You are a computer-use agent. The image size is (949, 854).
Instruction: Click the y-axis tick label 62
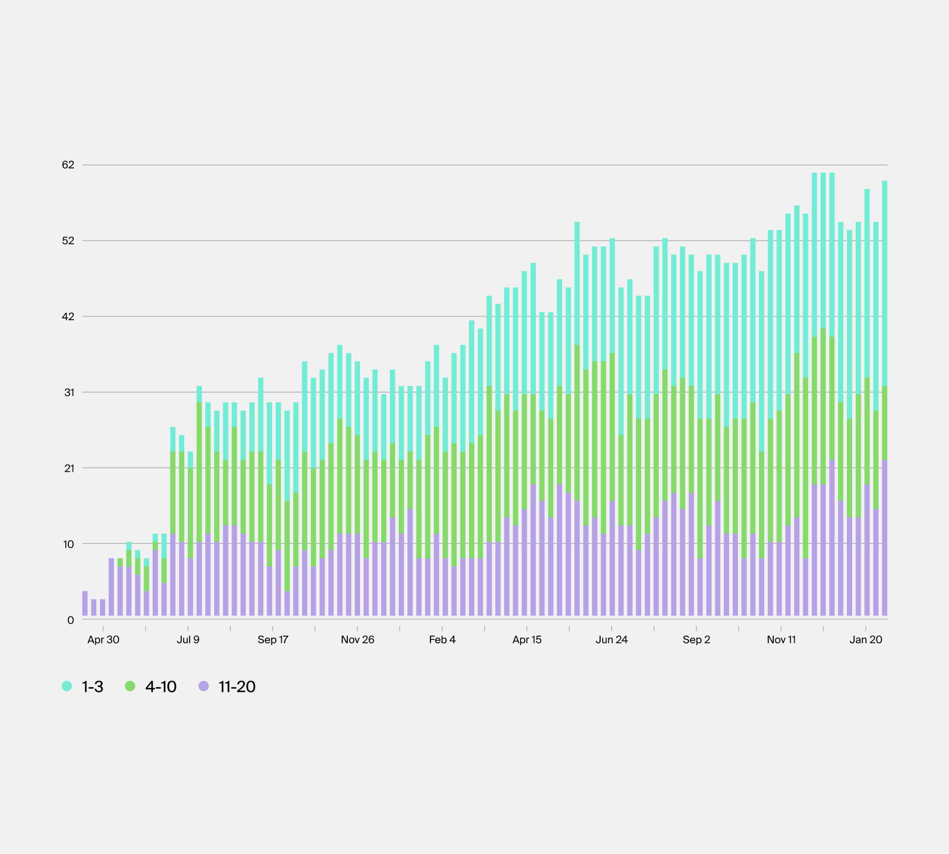click(68, 165)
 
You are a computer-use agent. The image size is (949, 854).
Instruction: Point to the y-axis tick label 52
click(68, 241)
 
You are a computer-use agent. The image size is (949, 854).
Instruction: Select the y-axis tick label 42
click(68, 316)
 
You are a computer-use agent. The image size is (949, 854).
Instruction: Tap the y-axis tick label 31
click(69, 392)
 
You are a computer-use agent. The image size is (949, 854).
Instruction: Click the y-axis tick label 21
click(69, 468)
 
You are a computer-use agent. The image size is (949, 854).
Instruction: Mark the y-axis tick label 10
click(69, 544)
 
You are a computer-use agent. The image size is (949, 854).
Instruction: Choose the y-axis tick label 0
click(71, 620)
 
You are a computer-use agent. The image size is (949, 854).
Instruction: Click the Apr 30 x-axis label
click(103, 640)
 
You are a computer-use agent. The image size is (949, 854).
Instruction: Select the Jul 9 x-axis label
click(188, 640)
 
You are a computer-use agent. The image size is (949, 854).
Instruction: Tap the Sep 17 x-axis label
click(273, 640)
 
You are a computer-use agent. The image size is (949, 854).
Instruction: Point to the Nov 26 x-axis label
click(357, 640)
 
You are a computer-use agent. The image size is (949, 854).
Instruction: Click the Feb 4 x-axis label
click(442, 640)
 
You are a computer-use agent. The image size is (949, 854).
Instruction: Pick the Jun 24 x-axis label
click(612, 640)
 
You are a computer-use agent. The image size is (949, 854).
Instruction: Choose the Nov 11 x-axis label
click(781, 640)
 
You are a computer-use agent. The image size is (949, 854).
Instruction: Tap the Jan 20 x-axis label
click(866, 640)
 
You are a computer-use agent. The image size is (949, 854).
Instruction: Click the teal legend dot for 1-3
click(67, 686)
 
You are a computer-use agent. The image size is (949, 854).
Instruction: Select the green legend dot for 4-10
click(130, 686)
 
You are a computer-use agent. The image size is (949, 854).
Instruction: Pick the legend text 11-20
click(237, 687)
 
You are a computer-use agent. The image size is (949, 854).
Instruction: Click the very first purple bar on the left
click(85, 603)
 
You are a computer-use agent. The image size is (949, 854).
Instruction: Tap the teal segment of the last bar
click(885, 284)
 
